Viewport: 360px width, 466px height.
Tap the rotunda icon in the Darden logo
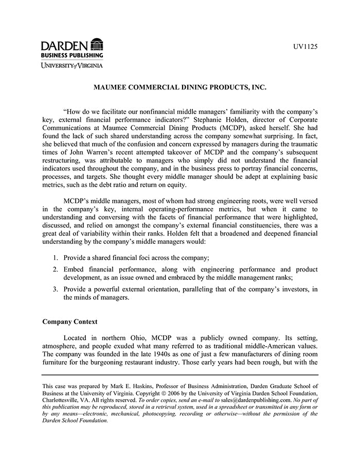point(96,44)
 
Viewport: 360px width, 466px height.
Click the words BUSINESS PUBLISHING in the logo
point(72,55)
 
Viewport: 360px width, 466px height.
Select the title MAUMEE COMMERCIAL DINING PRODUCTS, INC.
point(179,88)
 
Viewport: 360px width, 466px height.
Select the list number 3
point(56,289)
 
